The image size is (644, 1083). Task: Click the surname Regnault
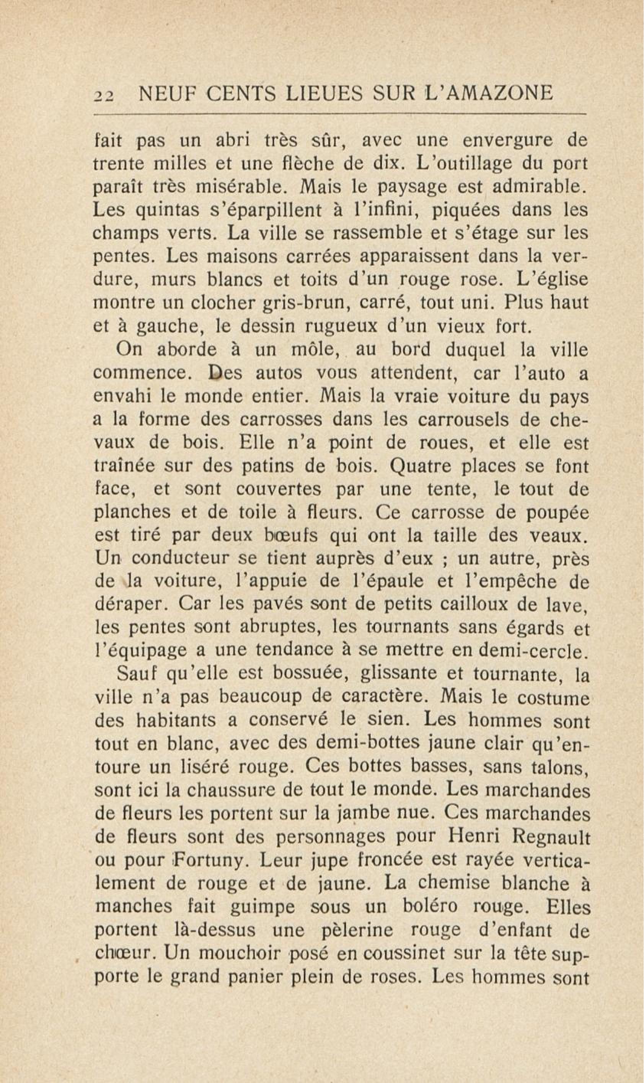551,838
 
